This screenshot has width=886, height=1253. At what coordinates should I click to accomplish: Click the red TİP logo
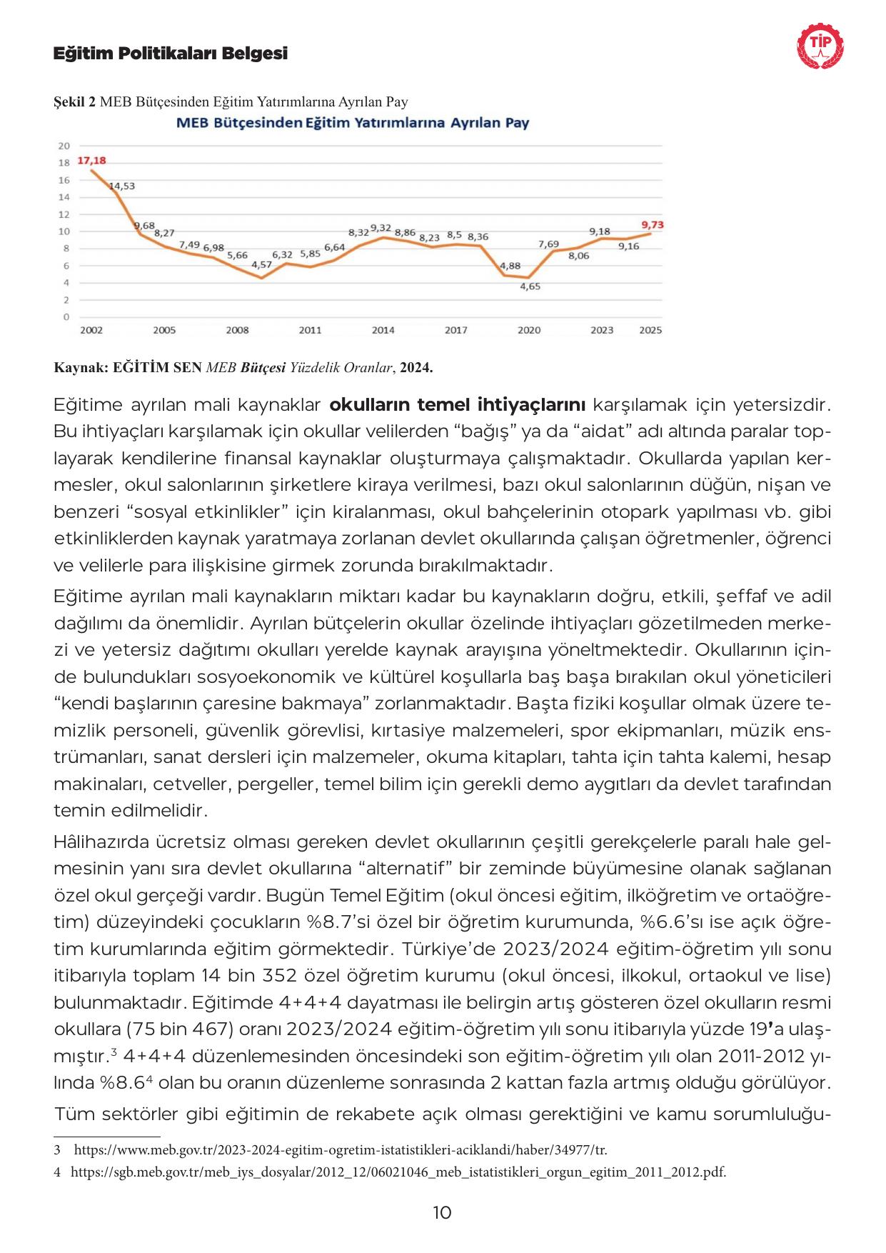coord(819,47)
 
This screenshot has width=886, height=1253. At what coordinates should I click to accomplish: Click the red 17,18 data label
coord(91,161)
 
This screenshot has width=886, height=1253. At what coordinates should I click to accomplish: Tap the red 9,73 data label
coord(652,224)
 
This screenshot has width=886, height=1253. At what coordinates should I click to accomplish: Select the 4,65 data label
coord(530,286)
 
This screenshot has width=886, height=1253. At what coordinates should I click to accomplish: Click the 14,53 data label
coord(122,186)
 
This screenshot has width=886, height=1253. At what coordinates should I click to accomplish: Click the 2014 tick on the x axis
coord(383,330)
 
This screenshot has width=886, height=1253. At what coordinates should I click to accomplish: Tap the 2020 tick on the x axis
coord(528,330)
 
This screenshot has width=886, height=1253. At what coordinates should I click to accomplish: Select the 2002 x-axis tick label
coord(91,330)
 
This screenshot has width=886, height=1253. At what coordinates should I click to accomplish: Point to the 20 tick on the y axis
coord(64,145)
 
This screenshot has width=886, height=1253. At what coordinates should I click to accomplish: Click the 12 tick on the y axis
coord(64,214)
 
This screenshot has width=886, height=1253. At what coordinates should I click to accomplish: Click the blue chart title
coord(353,123)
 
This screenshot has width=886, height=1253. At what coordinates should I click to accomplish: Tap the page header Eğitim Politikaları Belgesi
coord(171,54)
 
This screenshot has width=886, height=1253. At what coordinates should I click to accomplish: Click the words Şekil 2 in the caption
coord(75,102)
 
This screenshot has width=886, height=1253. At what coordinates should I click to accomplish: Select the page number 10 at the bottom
coord(442,1212)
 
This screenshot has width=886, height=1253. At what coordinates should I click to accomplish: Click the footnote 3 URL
coord(341,1150)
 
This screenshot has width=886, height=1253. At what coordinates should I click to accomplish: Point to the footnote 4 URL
coord(398,1172)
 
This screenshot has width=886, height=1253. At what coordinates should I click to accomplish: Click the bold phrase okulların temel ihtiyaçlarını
coord(458,406)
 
